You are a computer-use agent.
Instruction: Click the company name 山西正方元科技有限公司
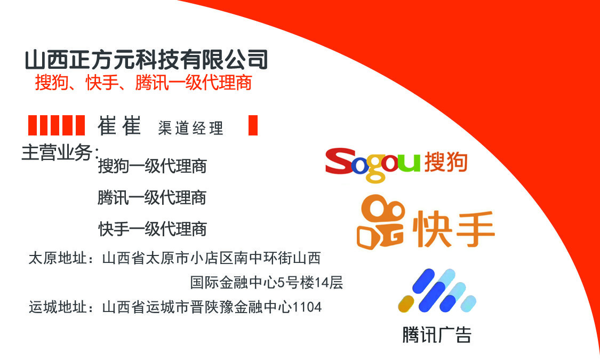pyautogui.click(x=146, y=60)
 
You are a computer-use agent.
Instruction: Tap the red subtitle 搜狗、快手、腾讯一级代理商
pyautogui.click(x=143, y=82)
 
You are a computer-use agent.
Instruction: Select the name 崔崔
pyautogui.click(x=119, y=125)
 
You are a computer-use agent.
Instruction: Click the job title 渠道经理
pyautogui.click(x=190, y=128)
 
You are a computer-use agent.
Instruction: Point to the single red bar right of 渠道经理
pyautogui.click(x=253, y=125)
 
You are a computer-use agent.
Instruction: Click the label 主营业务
pyautogui.click(x=60, y=153)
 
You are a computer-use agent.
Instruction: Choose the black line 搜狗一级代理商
pyautogui.click(x=153, y=166)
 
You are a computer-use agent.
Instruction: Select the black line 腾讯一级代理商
pyautogui.click(x=152, y=198)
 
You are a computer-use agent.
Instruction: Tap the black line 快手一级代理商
pyautogui.click(x=153, y=229)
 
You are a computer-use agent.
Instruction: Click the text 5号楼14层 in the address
pyautogui.click(x=310, y=282)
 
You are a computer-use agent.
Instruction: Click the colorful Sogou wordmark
pyautogui.click(x=373, y=164)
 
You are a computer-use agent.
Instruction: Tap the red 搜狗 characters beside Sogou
pyautogui.click(x=446, y=162)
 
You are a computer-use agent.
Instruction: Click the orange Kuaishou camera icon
pyautogui.click(x=380, y=222)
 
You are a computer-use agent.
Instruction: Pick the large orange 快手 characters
pyautogui.click(x=454, y=228)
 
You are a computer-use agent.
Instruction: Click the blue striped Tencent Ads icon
pyautogui.click(x=437, y=290)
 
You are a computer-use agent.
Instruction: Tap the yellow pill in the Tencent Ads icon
pyautogui.click(x=406, y=304)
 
